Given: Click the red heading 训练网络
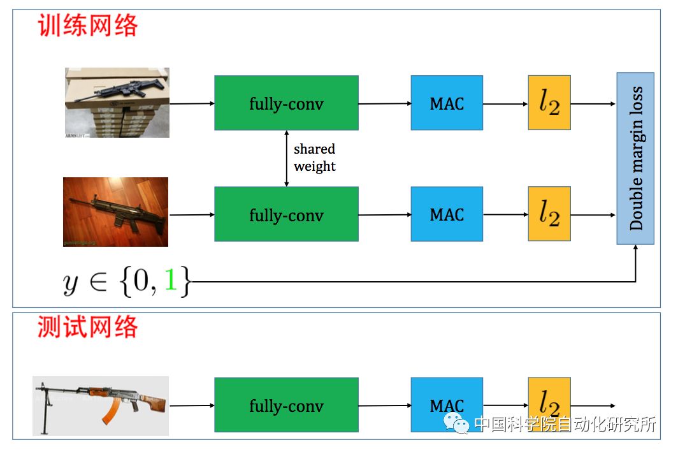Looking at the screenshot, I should point(88,27).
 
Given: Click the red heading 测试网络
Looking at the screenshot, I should point(88,327).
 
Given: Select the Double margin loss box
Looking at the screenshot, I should point(635,158).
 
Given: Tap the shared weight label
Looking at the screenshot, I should point(314,157).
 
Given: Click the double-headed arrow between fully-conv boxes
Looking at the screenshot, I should point(286,159).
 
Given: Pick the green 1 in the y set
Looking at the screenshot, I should point(169,281).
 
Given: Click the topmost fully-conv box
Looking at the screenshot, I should point(286,103).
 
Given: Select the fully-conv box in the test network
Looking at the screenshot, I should point(286,406).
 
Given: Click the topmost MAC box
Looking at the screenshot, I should point(447,103).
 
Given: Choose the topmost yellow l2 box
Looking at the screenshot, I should point(549,103).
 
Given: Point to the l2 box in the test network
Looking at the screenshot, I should point(549,403).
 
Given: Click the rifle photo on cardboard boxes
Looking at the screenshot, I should point(117,103).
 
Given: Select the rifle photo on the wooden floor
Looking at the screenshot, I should point(115,212).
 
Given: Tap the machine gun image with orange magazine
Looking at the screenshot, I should point(101,406).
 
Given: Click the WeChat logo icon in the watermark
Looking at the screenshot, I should point(457,423).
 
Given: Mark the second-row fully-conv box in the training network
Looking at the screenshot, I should point(286,214).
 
